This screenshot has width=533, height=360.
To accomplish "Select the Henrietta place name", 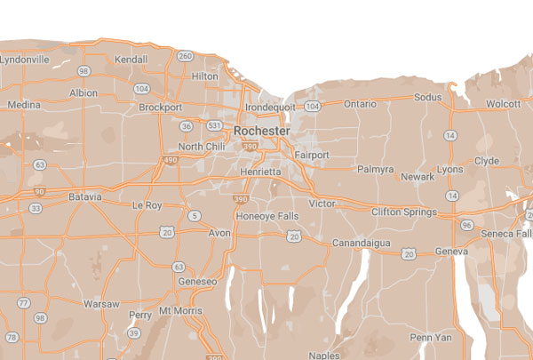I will tap(259, 171).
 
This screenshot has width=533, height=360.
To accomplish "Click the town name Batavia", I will tap(85, 196).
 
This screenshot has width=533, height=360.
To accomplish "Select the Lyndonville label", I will tap(25, 59).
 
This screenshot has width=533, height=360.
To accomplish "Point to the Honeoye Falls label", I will tap(264, 216).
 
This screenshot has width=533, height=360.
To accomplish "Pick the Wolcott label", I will tap(503, 103).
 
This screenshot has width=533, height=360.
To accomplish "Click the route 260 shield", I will tap(185, 56).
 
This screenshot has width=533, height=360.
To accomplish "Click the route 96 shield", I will tap(467, 225).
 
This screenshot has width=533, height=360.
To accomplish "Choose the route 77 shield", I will tap(23, 303).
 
